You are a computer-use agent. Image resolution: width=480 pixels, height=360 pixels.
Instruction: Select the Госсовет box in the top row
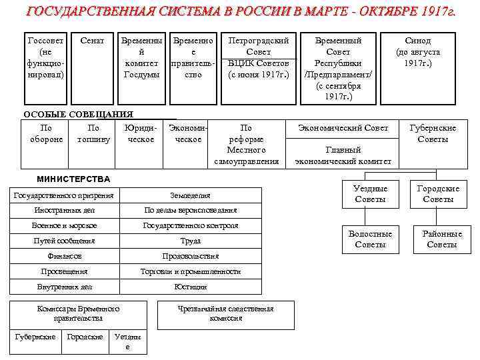(x=46, y=57)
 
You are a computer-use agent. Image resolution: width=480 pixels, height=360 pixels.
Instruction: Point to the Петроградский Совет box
(x=259, y=57)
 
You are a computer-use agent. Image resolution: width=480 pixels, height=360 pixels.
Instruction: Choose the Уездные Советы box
(x=371, y=194)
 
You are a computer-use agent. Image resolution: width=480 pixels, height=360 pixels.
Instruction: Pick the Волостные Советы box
(x=371, y=239)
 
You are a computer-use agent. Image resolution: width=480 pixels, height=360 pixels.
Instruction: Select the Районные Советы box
(x=442, y=239)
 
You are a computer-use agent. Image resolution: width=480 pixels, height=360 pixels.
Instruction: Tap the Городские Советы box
(x=438, y=194)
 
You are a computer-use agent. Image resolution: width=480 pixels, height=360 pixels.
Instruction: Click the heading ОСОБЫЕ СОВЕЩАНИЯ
(x=79, y=115)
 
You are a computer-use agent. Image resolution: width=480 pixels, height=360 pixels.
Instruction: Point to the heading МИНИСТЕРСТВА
(x=73, y=179)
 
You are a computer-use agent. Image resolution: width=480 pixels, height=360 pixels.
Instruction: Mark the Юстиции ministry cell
(x=191, y=287)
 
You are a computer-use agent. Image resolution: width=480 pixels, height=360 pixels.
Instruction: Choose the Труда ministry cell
(x=191, y=241)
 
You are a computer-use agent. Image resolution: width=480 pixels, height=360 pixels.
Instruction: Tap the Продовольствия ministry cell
(x=191, y=256)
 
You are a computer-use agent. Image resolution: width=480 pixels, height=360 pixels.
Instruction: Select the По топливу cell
(x=93, y=133)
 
